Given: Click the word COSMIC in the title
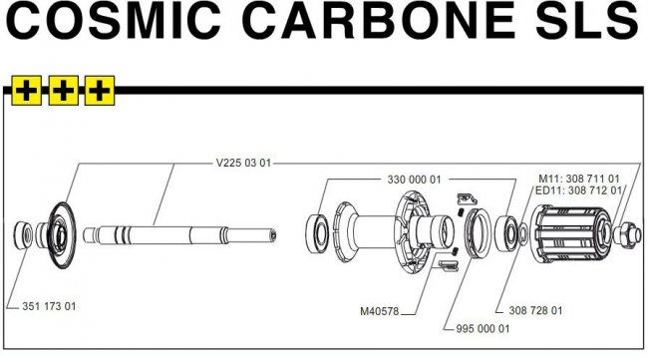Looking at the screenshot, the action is tap(114, 21).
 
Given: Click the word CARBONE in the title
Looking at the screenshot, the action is tap(378, 21).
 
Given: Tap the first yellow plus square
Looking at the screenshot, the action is tap(27, 91).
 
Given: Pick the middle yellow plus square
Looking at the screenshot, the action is tap(63, 91).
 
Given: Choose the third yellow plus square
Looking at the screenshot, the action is tap(100, 91).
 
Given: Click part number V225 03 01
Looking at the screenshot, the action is tap(243, 163).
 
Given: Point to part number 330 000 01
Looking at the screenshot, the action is tap(414, 180).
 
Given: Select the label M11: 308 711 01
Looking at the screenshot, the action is tap(579, 179).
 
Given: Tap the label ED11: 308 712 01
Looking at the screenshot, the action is tap(578, 190).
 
